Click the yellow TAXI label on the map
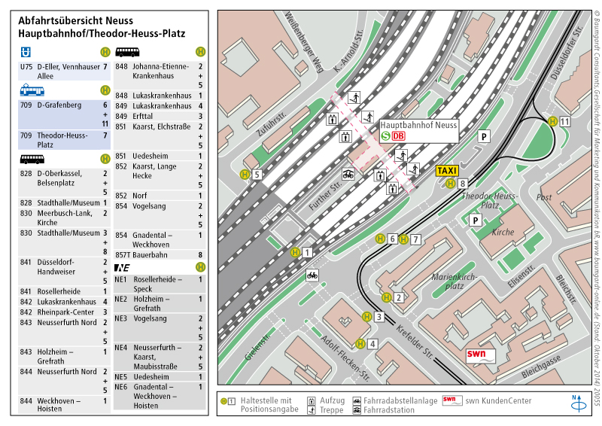(x=447, y=171)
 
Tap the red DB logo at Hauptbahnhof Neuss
(x=399, y=136)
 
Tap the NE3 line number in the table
(x=120, y=318)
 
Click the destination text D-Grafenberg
(x=59, y=105)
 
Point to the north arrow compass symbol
(x=579, y=403)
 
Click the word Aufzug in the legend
(x=332, y=400)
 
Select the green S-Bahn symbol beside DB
(x=385, y=136)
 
